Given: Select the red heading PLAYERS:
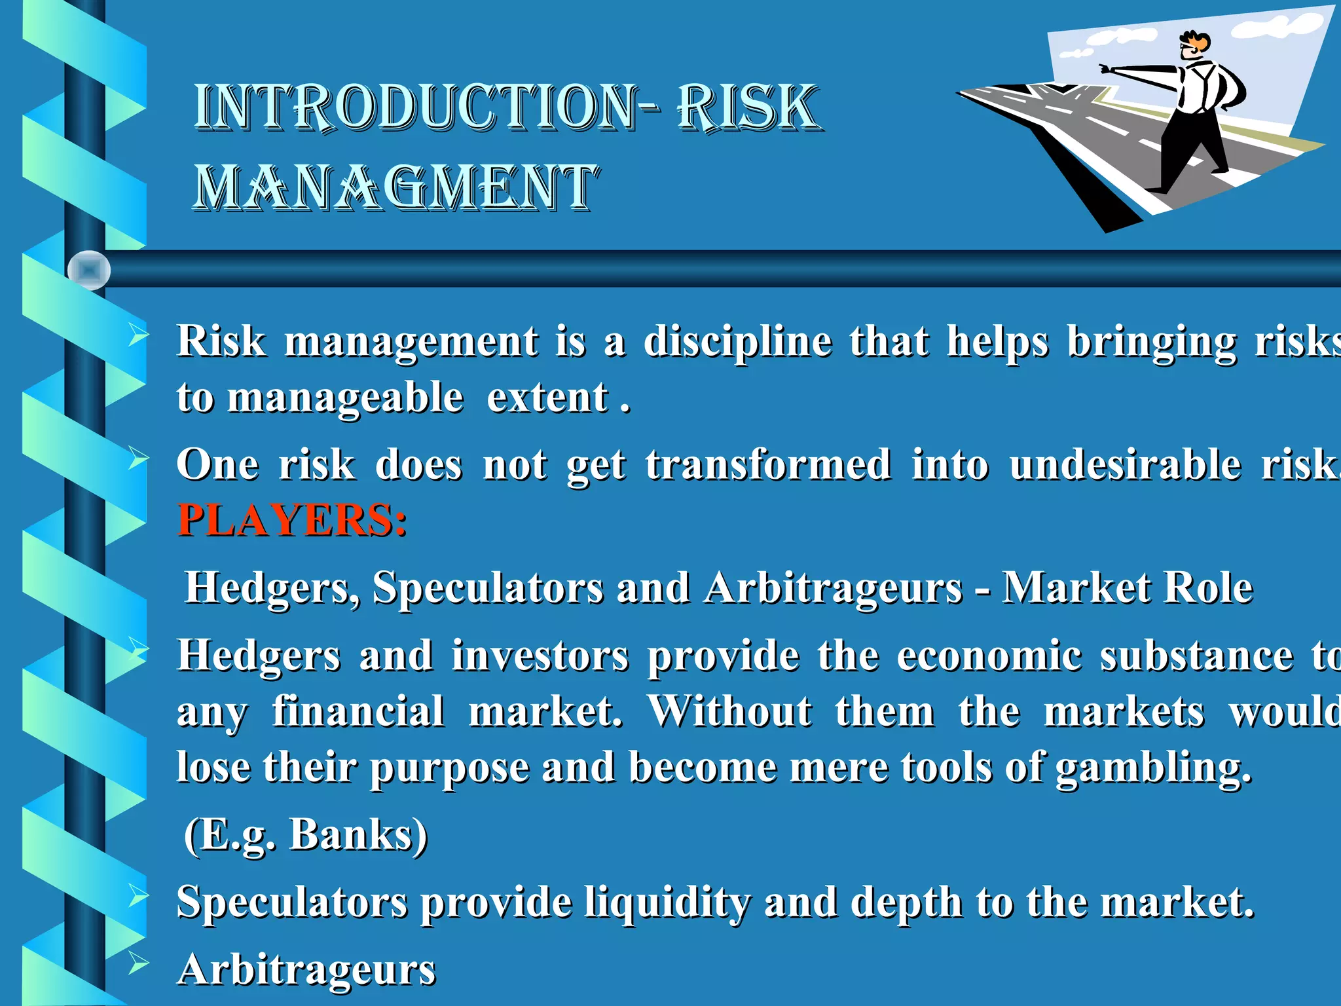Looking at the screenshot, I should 292,521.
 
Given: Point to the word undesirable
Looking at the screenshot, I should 1124,466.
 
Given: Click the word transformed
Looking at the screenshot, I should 768,466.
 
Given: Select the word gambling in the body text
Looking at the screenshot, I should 1152,768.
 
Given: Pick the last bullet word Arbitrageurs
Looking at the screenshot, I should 306,970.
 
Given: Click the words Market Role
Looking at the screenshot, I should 1128,587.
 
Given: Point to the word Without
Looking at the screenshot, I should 730,712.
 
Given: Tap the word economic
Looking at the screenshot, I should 989,656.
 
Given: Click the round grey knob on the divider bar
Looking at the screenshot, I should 89,270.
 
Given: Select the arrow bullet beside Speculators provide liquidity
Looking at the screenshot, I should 138,896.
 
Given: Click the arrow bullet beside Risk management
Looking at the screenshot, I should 138,335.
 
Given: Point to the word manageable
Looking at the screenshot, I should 345,398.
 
